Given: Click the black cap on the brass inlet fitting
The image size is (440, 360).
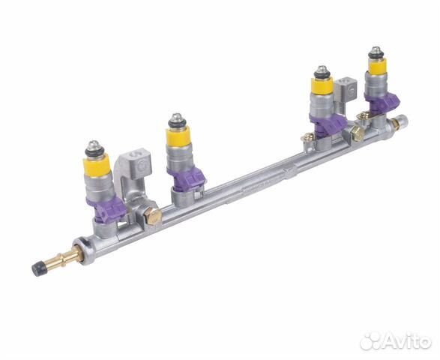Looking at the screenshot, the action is pyautogui.click(x=38, y=268).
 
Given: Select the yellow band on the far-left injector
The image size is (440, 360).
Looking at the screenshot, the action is pyautogui.click(x=96, y=165).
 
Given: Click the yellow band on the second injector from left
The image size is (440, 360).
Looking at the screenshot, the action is pyautogui.click(x=178, y=136).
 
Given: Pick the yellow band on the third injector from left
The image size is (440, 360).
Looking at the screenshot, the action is pyautogui.click(x=322, y=85).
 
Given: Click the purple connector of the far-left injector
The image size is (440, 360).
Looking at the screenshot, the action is pyautogui.click(x=107, y=209).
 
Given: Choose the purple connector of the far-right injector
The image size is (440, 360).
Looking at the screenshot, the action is pyautogui.click(x=383, y=101).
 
